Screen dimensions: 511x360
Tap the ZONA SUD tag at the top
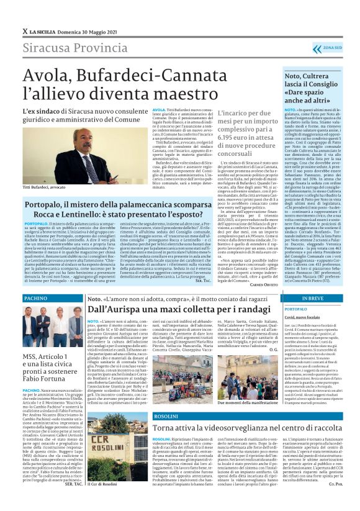point(331,48)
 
